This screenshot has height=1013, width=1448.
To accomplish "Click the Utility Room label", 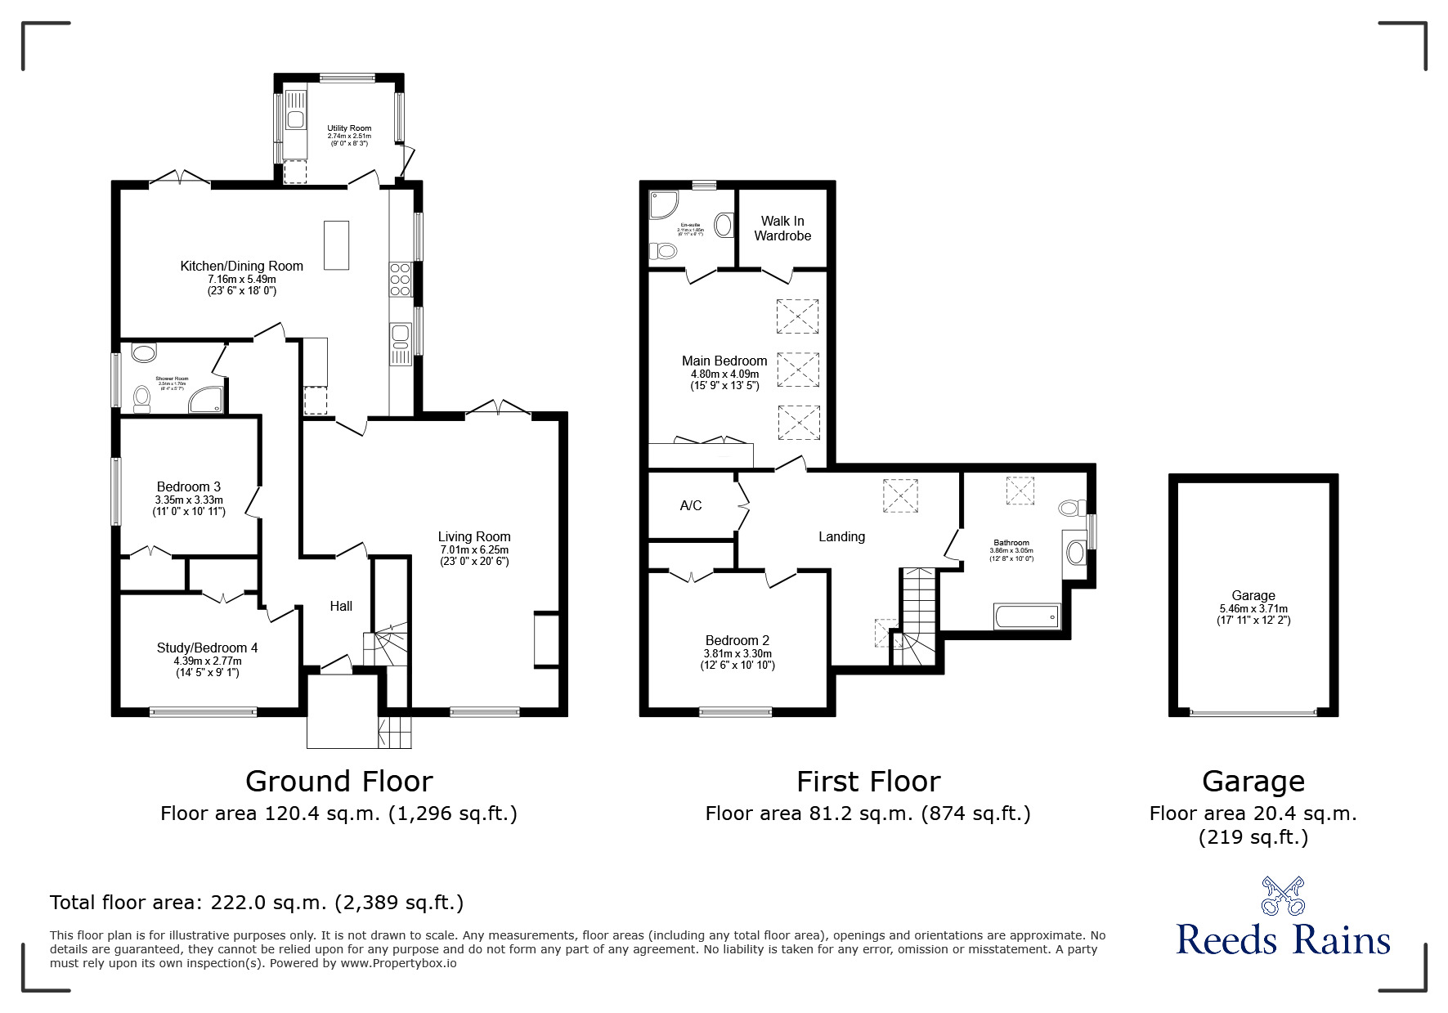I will tap(349, 128).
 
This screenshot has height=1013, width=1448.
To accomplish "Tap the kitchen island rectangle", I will tap(336, 244).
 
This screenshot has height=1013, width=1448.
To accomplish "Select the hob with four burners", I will tap(401, 278).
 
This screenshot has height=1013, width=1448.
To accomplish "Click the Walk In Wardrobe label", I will tap(782, 228).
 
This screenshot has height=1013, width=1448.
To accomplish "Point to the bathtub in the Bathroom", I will tap(1027, 616).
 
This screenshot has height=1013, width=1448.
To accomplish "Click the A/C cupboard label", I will tap(691, 505).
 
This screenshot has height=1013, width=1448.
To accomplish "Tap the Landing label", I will tap(841, 536).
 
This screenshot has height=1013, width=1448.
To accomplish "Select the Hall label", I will tap(341, 606).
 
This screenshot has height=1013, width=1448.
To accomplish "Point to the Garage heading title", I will tap(1253, 782).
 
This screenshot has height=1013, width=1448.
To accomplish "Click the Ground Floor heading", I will tap(338, 782).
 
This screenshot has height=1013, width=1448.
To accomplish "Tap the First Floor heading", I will tap(868, 782).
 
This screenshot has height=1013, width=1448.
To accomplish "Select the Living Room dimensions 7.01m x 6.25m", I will tap(474, 549).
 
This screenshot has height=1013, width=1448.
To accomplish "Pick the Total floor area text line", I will tap(257, 903).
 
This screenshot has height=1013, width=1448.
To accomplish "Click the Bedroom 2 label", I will tap(737, 640).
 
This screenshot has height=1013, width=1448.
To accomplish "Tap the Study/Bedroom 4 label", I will tap(207, 648).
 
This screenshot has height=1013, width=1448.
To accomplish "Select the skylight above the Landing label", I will tap(902, 495).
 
